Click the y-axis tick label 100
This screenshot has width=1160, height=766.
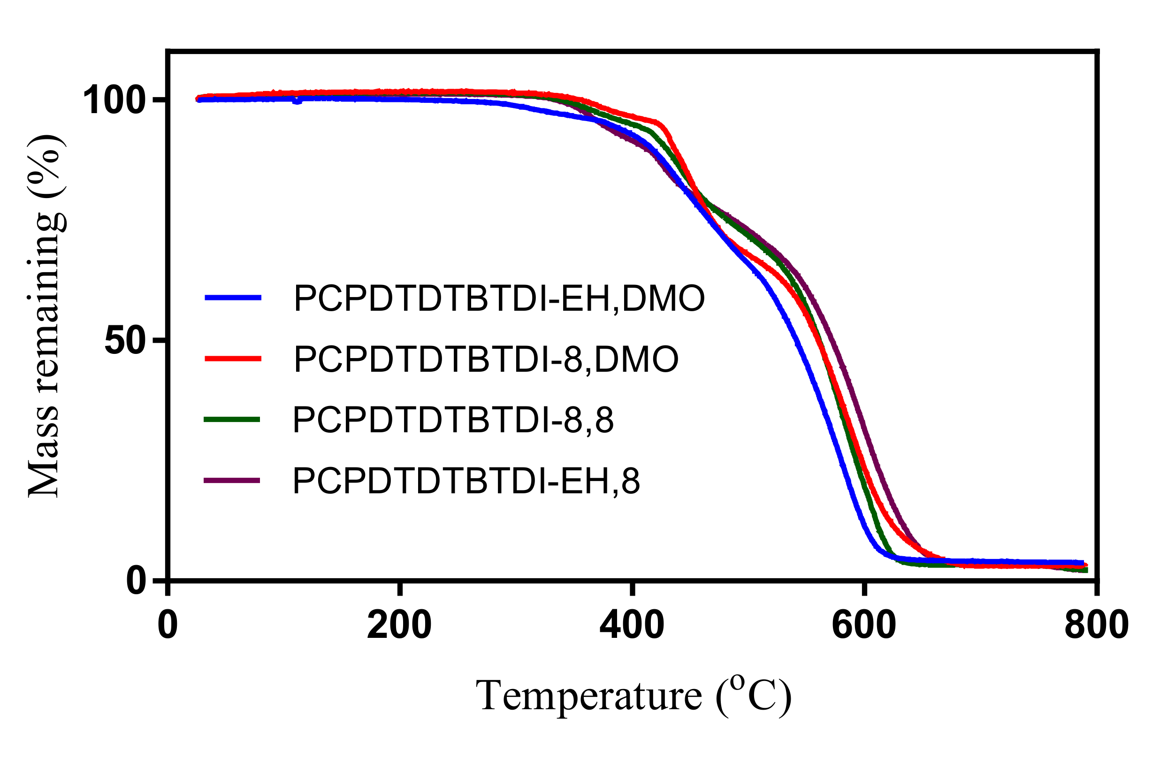tap(114, 100)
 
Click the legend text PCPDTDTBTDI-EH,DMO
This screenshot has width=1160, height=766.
tap(499, 299)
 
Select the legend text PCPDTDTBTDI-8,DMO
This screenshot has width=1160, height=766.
tap(486, 360)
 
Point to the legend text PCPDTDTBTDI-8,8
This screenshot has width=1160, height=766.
tap(453, 420)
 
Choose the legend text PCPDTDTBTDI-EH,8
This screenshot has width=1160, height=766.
tap(466, 481)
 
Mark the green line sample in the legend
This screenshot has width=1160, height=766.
tap(232, 419)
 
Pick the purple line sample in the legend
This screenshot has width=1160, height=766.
tap(232, 481)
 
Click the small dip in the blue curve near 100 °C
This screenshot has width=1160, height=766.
tap(297, 101)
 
